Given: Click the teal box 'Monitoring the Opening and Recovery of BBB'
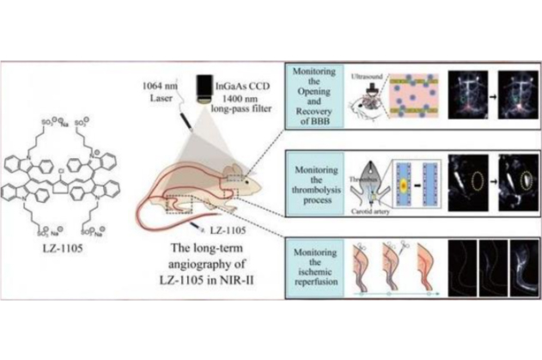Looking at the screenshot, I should [317, 97].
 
